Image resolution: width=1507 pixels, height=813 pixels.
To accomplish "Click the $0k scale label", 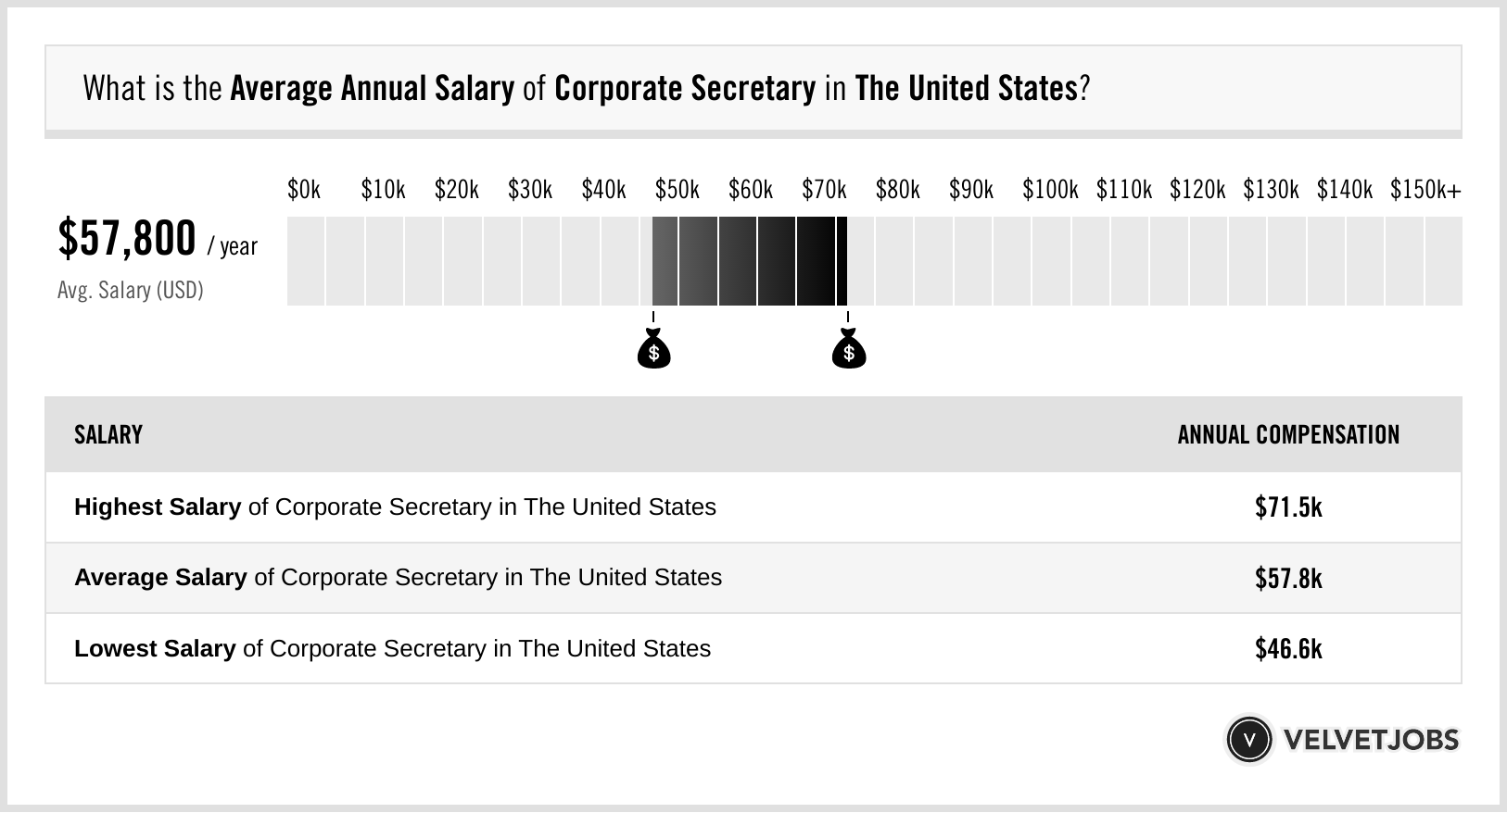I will coord(303,190).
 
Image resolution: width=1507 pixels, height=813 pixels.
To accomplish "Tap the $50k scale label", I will coord(677,190).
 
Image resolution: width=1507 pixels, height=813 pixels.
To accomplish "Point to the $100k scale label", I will coord(1050,190).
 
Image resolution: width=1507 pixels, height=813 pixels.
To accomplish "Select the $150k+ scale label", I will coord(1425,190).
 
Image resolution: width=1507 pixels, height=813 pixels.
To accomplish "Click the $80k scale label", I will coord(897,190).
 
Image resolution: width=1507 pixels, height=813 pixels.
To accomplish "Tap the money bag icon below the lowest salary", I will coord(653,349).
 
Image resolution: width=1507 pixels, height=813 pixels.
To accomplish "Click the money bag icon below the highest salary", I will coord(848,349).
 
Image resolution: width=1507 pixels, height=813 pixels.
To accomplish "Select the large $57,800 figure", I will coord(127,239).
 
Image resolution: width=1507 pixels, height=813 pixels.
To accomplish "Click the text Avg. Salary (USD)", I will coord(131,291).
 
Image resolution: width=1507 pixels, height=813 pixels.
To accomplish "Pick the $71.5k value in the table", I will coord(1288,507).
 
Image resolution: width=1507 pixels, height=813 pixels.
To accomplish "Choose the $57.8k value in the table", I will coord(1288,579).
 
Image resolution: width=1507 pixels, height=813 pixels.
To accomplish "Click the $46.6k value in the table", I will coord(1288,649).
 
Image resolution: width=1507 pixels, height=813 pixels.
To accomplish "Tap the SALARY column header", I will coord(108,435).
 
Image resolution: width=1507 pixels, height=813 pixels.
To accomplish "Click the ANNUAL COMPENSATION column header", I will coord(1288,435).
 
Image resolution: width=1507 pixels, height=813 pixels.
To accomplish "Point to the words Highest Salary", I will coord(158,507).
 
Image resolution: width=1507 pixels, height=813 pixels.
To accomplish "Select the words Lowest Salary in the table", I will coord(155,649).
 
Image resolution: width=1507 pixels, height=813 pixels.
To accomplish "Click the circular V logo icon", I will coord(1248,740).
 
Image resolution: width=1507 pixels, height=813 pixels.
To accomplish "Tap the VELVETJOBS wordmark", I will coord(1371,740).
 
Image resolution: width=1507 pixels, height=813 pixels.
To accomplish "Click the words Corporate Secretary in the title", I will coord(685,89).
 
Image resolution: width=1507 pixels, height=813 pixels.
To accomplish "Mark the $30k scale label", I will coord(529,190).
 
